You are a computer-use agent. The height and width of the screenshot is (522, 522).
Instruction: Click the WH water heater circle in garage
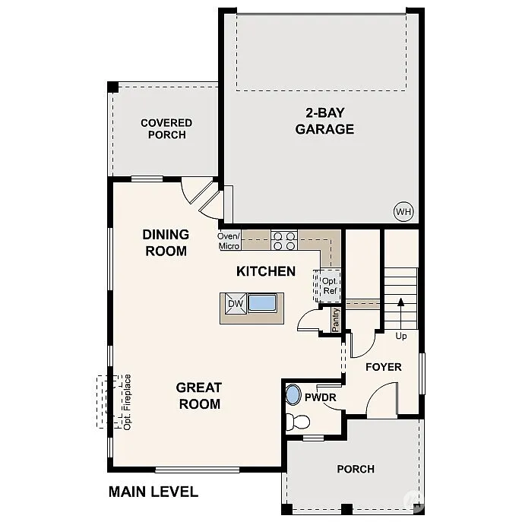point(403,212)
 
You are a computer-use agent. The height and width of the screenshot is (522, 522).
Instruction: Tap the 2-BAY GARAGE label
point(324,121)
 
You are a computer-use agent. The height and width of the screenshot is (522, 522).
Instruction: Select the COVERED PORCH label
point(166,128)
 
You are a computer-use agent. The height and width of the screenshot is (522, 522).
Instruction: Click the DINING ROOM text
point(166,242)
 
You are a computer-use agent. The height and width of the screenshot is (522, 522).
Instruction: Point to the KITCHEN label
point(266,271)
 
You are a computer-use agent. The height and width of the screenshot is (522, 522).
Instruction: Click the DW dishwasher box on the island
point(235,304)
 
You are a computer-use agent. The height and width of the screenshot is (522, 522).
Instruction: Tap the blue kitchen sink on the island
point(262,304)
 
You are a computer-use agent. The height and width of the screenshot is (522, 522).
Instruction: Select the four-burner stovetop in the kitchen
point(284,241)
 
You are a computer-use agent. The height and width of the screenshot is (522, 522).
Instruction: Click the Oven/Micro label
point(229,241)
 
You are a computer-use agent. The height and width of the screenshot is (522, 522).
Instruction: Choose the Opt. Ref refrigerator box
point(329,286)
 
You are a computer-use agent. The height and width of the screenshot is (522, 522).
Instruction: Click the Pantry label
point(335,319)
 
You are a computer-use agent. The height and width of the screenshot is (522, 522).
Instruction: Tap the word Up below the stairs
point(401,336)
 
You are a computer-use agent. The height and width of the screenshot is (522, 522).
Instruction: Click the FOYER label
point(383,367)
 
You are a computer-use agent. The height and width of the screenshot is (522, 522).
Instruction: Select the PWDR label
point(320,397)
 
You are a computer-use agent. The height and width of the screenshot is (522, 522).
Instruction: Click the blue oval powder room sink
point(293,395)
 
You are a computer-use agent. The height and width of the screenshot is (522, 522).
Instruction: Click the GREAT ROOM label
point(199,395)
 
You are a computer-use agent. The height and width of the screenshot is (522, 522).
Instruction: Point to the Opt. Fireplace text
point(128,402)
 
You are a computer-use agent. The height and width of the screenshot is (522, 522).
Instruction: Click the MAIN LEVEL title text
point(153,492)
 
